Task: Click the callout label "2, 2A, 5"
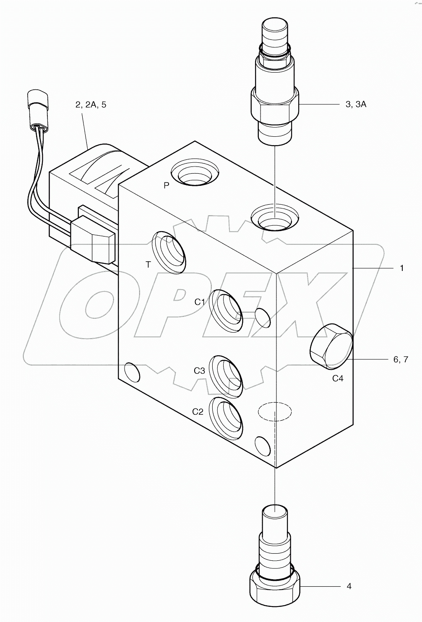pyautogui.click(x=91, y=104)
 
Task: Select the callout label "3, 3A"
pyautogui.click(x=356, y=104)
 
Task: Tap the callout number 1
pyautogui.click(x=401, y=268)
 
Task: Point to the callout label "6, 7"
pyautogui.click(x=400, y=359)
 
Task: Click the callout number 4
pyautogui.click(x=349, y=586)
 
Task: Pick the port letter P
pyautogui.click(x=166, y=185)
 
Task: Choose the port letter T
pyautogui.click(x=148, y=264)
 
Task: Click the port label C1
pyautogui.click(x=200, y=302)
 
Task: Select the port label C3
pyautogui.click(x=199, y=371)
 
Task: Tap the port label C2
pyautogui.click(x=198, y=412)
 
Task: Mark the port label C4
pyautogui.click(x=338, y=378)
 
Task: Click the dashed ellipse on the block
pyautogui.click(x=274, y=411)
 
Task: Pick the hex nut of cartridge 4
pyautogui.click(x=274, y=590)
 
